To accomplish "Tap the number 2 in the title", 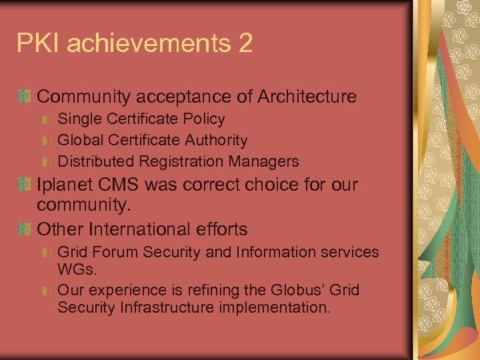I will (x=244, y=44).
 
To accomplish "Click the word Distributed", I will (x=96, y=161).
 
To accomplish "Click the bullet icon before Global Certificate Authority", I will (x=47, y=141).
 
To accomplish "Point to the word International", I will (x=147, y=229).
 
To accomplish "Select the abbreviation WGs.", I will (x=77, y=270).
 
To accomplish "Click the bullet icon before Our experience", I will (x=47, y=291).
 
